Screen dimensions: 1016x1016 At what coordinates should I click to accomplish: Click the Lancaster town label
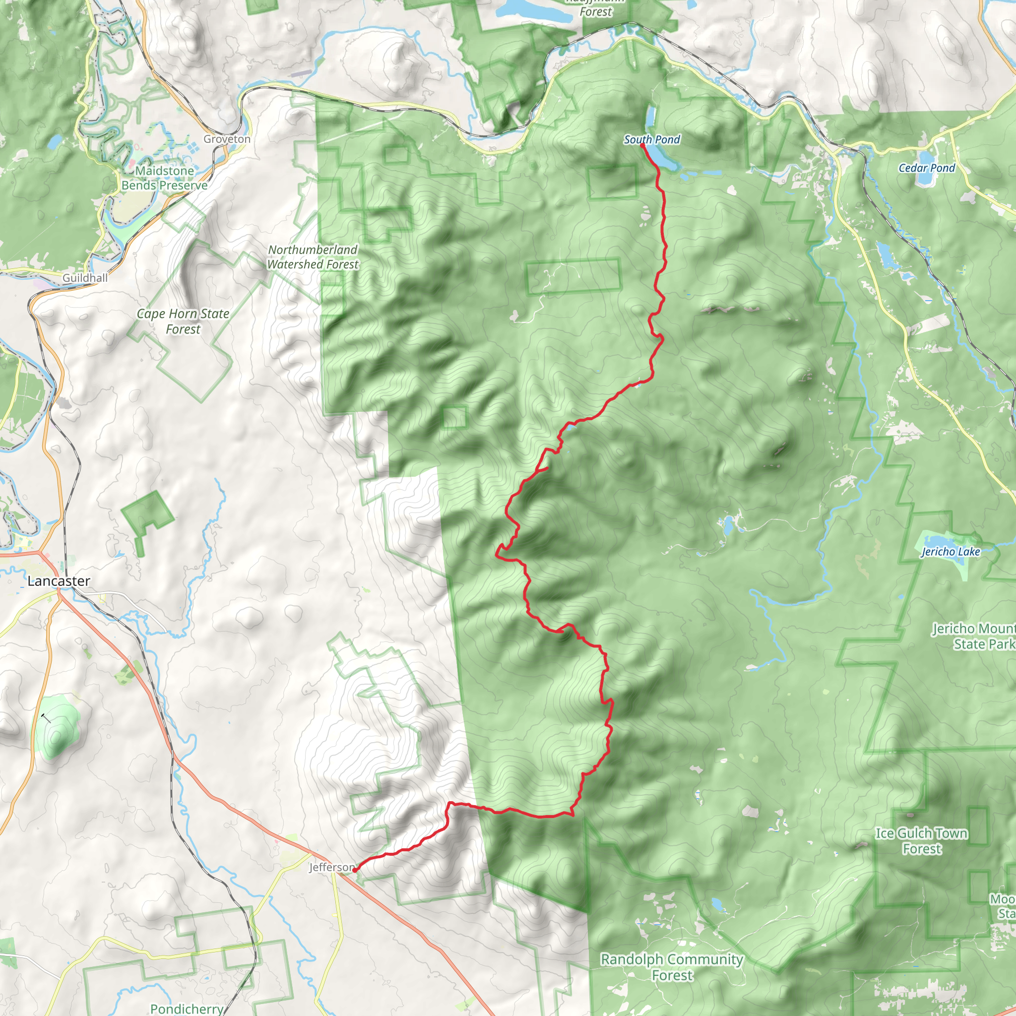tap(59, 581)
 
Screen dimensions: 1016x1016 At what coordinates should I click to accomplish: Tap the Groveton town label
tap(227, 139)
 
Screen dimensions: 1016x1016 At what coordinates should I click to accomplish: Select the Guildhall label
tap(85, 278)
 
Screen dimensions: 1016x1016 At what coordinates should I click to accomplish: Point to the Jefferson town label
tap(332, 867)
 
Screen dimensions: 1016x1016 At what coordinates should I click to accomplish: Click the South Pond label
tap(651, 139)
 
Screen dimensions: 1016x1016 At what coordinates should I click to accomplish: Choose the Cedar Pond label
tap(927, 168)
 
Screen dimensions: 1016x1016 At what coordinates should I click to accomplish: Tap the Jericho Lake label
tap(950, 552)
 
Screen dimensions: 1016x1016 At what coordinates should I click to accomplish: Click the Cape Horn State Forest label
tap(183, 321)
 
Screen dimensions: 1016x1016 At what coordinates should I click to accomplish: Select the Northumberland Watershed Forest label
tap(313, 257)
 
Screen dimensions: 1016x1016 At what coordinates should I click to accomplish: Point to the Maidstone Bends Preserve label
tap(165, 178)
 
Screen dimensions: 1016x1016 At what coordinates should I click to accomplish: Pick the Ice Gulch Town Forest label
tap(921, 840)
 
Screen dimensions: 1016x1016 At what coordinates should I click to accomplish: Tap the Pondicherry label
tap(187, 1009)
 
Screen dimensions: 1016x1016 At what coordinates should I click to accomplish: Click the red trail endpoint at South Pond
tap(642, 145)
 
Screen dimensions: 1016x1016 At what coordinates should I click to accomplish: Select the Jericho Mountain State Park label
tap(973, 636)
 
